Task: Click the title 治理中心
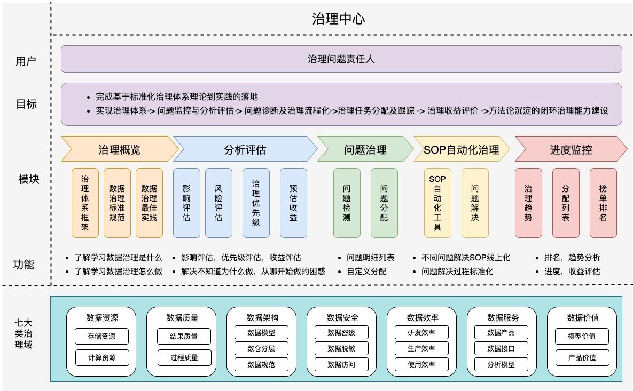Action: point(339,19)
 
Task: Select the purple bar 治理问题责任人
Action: point(341,59)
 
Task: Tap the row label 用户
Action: point(26,61)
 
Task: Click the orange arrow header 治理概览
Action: point(119,149)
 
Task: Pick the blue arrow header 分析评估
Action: point(245,149)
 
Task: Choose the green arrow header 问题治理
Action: point(365,149)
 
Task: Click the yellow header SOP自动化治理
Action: point(461,149)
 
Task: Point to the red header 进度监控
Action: point(571,149)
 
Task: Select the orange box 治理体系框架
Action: point(85,203)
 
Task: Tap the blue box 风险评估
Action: point(218,203)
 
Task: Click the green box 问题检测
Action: point(347,203)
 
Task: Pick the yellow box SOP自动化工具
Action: point(437,203)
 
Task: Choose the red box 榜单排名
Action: point(603,203)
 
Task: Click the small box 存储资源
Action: point(102,337)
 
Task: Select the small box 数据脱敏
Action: point(341,348)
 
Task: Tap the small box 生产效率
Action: point(421,348)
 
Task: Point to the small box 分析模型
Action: point(502,364)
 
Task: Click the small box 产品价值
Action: point(582,357)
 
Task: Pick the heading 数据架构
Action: point(262,318)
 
